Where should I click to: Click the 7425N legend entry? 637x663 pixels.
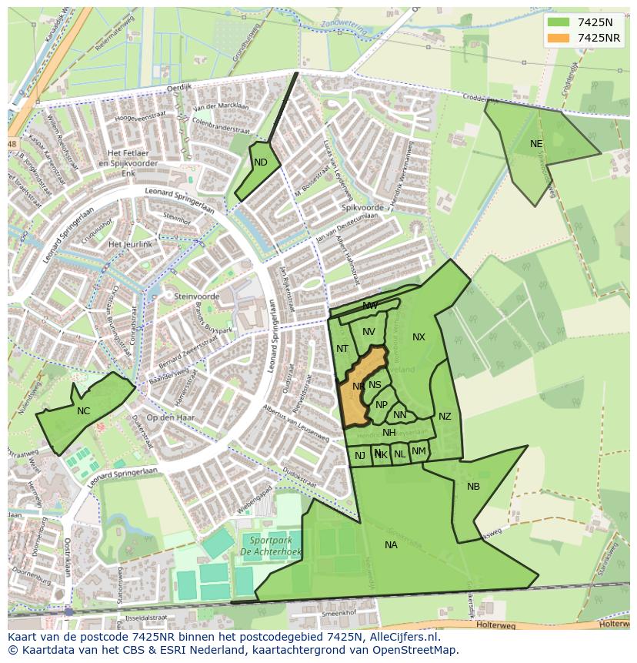pos(593,22)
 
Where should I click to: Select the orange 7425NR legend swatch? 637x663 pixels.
pos(559,38)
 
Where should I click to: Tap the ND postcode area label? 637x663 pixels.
pos(261,162)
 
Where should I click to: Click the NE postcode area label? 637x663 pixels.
pos(536,144)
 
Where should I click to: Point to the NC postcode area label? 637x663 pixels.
pos(83,411)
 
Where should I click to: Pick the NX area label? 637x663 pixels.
pos(419,337)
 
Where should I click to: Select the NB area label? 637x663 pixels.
pos(473,486)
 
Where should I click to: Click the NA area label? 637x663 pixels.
pos(391,545)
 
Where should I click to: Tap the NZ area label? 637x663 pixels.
pos(445,417)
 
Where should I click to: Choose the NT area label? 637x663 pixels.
pos(342,349)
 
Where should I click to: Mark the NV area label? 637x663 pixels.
pos(369,332)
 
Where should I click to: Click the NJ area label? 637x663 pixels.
pos(360,456)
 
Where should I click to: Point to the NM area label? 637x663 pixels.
pos(419,451)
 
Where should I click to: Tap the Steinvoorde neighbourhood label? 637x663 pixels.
pos(198,296)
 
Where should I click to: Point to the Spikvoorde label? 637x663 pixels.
pos(362,208)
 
